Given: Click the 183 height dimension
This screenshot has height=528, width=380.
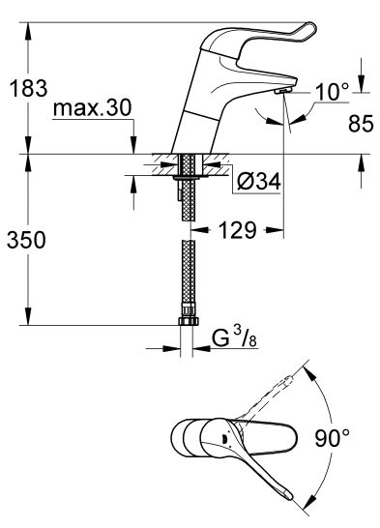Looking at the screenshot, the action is (x=29, y=89).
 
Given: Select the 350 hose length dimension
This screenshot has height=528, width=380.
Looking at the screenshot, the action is (x=26, y=240).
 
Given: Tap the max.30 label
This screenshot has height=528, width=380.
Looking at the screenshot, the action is (x=92, y=108).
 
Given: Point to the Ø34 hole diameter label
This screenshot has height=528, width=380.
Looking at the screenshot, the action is (x=258, y=182).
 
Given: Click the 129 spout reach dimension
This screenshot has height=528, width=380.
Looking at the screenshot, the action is (x=237, y=230).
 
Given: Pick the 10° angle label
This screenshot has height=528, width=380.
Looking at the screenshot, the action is (x=333, y=92).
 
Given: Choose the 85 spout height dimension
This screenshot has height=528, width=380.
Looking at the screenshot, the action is (x=361, y=123).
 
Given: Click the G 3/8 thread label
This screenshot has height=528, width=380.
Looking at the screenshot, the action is (x=234, y=338).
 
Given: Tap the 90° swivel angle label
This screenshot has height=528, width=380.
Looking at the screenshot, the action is (x=333, y=437).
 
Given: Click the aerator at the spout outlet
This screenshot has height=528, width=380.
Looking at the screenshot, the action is (x=282, y=91).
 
